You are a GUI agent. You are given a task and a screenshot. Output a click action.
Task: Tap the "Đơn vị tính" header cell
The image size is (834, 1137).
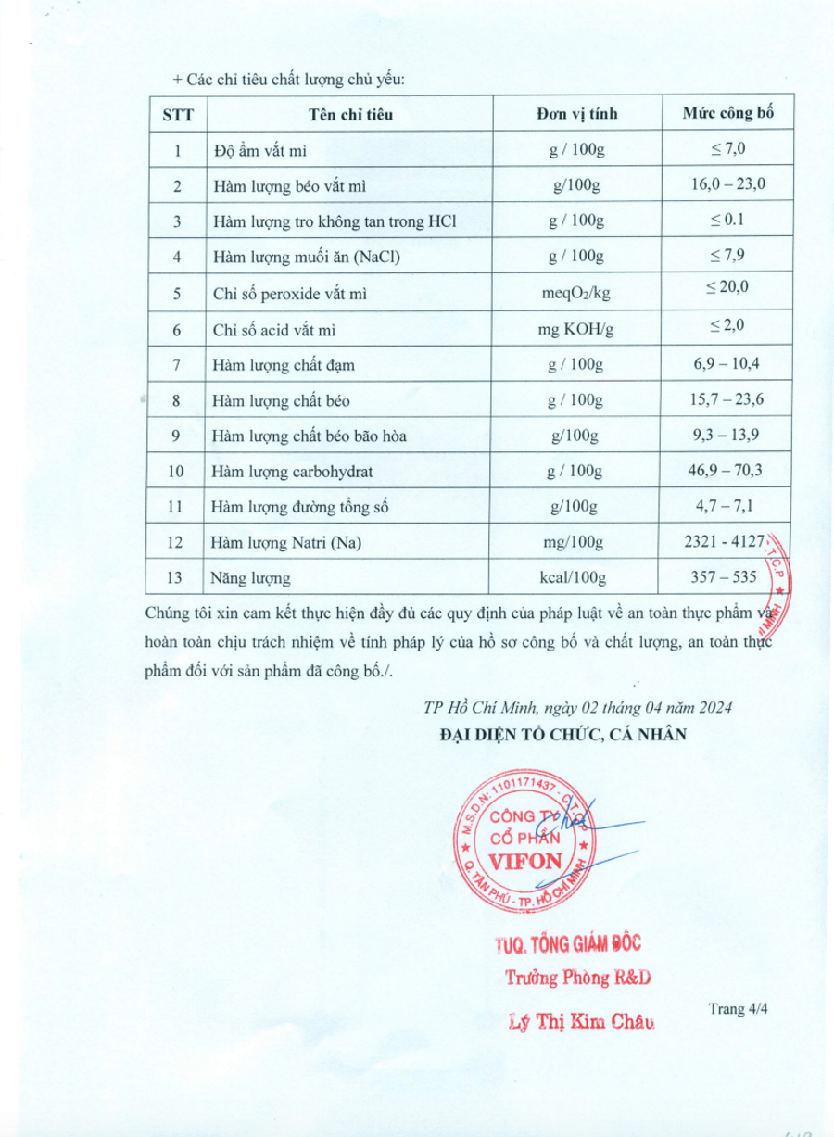click(x=576, y=115)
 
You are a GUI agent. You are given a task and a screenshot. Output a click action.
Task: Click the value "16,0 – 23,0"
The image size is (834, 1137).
click(x=727, y=184)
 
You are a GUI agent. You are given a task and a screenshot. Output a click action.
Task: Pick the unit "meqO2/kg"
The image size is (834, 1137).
click(x=576, y=294)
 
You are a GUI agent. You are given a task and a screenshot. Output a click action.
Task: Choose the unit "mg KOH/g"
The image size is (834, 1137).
click(x=576, y=330)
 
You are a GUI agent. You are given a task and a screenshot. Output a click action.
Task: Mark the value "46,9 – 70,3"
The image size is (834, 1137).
click(x=727, y=471)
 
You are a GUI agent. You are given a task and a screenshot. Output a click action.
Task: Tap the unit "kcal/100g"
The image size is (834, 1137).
click(x=576, y=579)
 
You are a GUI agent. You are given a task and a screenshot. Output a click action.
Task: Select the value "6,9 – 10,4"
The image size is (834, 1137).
click(x=727, y=364)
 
